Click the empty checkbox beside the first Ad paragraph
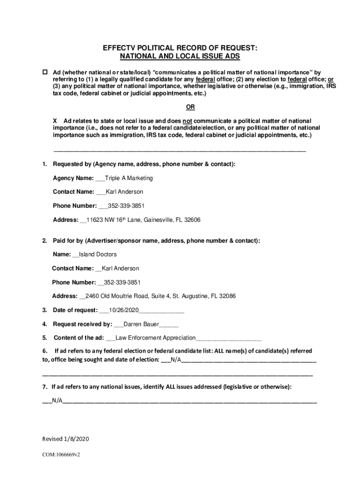(45, 73)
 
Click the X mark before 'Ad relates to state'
(55, 121)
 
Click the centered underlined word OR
(190, 107)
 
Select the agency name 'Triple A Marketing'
(129, 178)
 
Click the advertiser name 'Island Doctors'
(98, 254)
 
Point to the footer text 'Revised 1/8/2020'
(65, 439)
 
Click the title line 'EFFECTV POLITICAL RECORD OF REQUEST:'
(180, 48)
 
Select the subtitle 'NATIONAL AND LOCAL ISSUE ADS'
(180, 56)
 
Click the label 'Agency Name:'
(73, 178)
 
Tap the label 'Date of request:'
(75, 310)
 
